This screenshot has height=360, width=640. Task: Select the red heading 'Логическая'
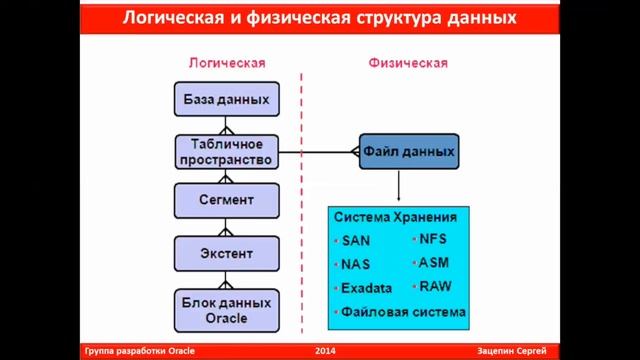(227, 63)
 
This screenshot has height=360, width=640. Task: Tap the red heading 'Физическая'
(409, 63)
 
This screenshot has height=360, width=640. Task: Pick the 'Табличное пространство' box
(226, 151)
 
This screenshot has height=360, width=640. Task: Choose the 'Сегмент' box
(226, 200)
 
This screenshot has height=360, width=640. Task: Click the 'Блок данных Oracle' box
(226, 309)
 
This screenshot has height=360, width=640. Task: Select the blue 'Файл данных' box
(409, 152)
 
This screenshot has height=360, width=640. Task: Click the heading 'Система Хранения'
(395, 217)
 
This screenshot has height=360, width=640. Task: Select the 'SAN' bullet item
(355, 241)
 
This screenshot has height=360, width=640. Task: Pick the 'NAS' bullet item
(355, 265)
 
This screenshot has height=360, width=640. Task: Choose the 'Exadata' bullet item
(366, 289)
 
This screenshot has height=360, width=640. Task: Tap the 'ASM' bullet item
(434, 262)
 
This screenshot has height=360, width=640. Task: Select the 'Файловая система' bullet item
(403, 312)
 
